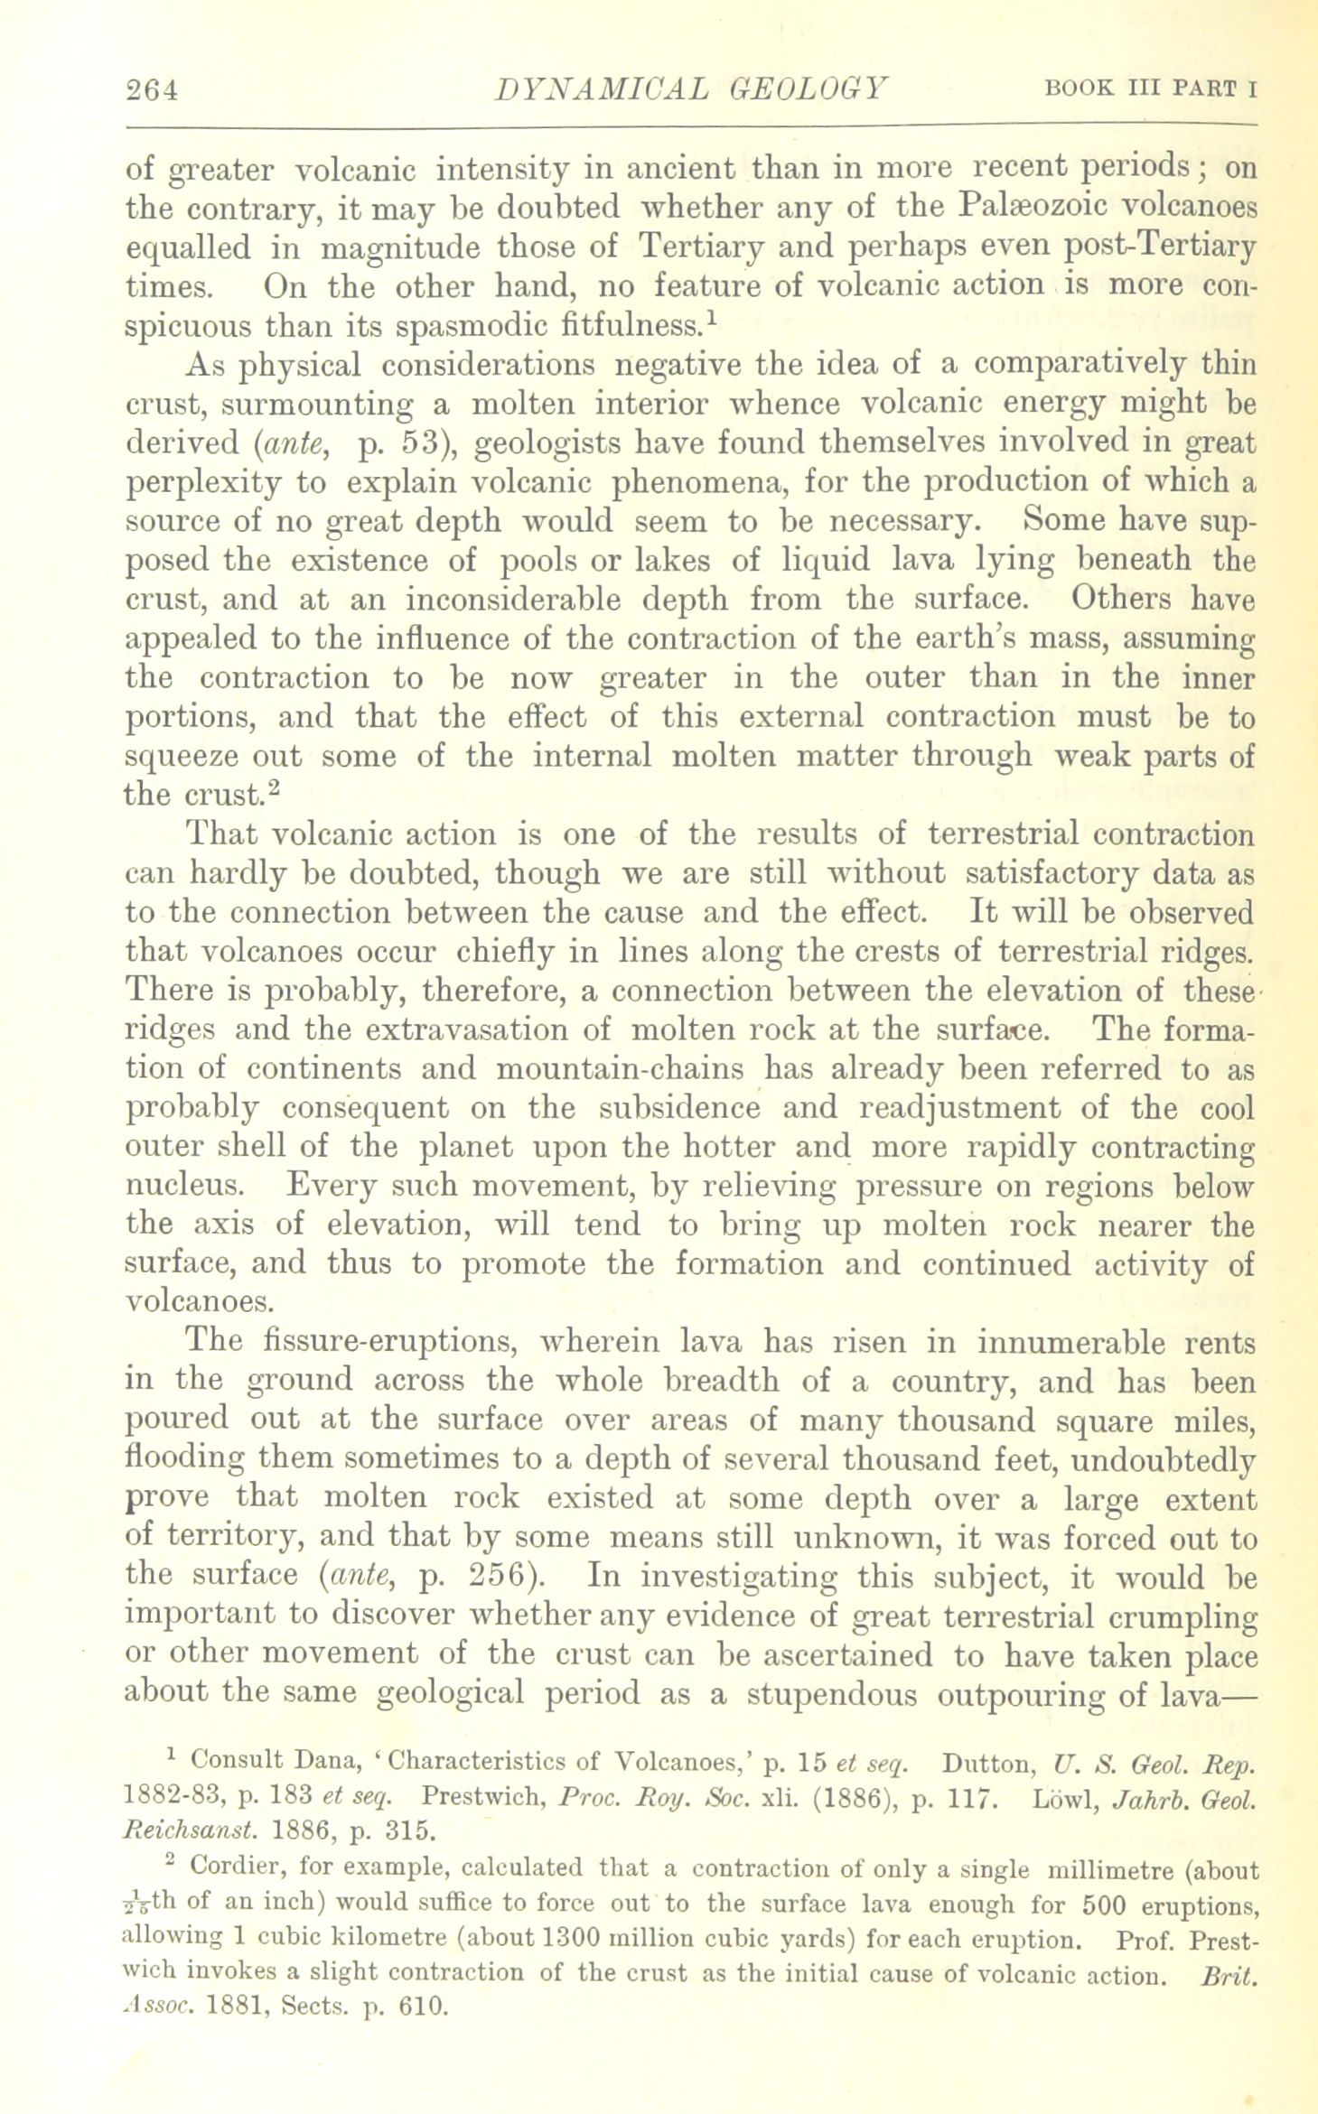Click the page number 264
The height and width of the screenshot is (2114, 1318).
tap(154, 90)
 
